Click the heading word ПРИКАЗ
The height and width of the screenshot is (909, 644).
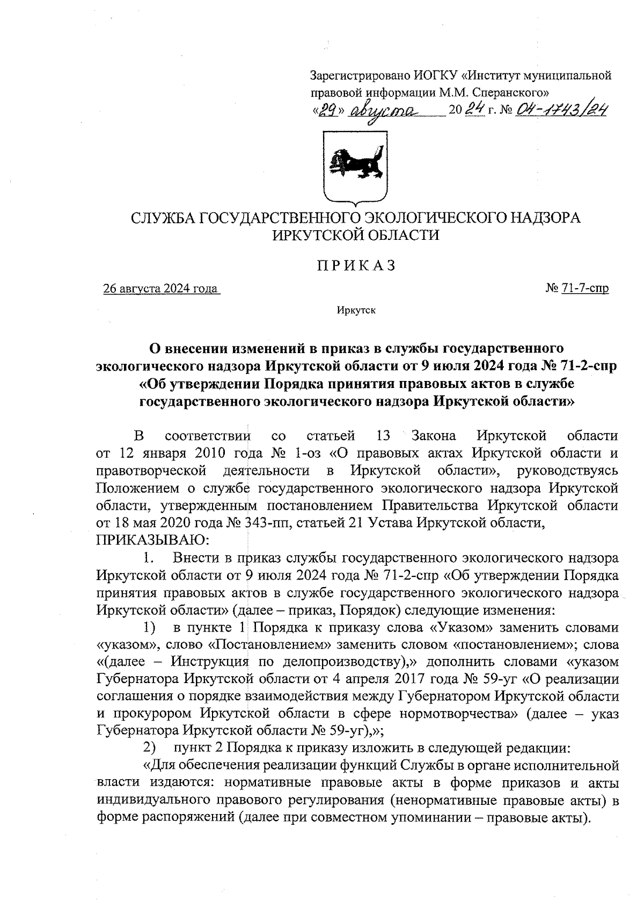[x=355, y=266]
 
